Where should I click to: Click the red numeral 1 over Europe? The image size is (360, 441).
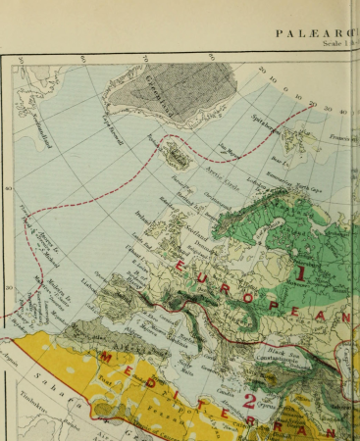(302, 272)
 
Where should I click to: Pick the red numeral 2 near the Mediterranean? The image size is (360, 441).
(249, 399)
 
